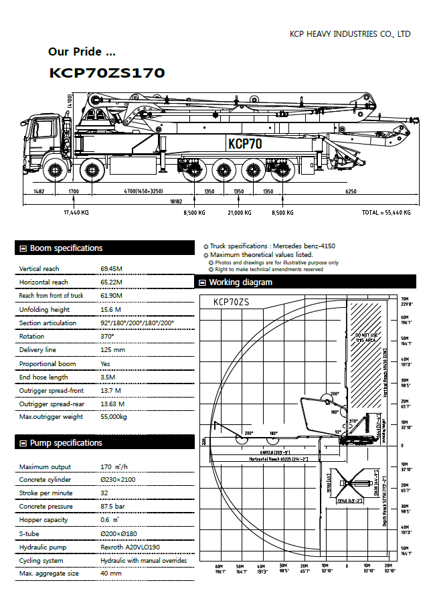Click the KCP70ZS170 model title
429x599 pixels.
pos(107,73)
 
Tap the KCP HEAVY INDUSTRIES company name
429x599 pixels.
pos(349,33)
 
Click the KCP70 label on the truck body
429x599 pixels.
pos(245,143)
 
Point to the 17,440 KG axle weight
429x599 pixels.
pos(76,212)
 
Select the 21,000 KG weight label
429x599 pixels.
pos(239,212)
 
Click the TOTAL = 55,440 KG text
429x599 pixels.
pos(385,212)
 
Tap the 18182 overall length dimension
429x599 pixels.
pos(176,201)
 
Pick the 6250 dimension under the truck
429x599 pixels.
pos(351,191)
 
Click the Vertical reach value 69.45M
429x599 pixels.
pos(113,269)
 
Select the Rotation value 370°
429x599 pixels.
pos(108,337)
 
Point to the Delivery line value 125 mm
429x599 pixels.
pos(112,350)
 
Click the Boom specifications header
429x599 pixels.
pos(66,248)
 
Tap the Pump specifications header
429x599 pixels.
pos(66,443)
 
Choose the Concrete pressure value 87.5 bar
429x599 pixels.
pos(114,507)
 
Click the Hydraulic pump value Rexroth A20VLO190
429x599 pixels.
pos(132,547)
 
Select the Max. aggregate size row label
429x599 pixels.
pos(48,574)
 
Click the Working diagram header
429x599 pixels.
pos(240,282)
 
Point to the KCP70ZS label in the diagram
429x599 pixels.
pos(231,302)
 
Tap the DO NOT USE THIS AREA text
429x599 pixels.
pos(367,337)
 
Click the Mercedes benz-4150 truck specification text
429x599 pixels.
pos(272,246)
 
